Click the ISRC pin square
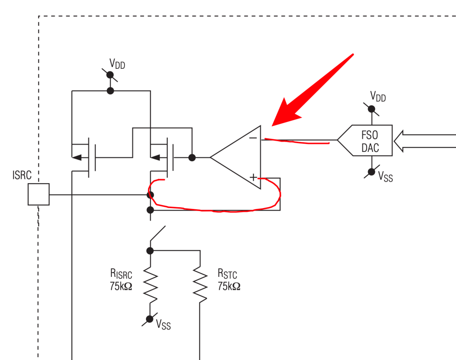tap(39, 194)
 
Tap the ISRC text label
tap(22, 175)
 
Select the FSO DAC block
tap(365, 141)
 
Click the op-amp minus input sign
tap(253, 138)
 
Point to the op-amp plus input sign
tap(253, 177)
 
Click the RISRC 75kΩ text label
tap(121, 280)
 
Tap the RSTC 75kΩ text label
tap(229, 280)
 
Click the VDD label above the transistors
tap(117, 64)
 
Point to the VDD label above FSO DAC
tap(378, 97)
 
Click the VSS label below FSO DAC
tap(385, 176)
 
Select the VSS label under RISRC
tap(163, 324)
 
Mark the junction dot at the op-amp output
tap(192, 157)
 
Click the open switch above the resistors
tap(157, 233)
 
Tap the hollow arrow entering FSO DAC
tap(425, 141)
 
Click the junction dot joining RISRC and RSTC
tap(150, 251)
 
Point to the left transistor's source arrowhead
tap(77, 157)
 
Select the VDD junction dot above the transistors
tap(110, 91)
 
